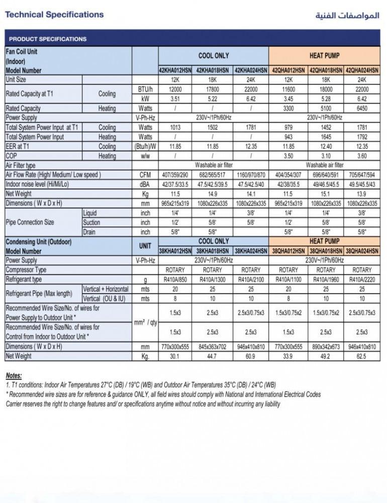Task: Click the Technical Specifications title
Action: pos(54,15)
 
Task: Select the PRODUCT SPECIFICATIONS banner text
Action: pos(48,39)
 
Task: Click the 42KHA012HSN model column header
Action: pos(175,70)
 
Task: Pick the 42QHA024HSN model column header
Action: pos(362,70)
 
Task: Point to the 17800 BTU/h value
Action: pos(213,89)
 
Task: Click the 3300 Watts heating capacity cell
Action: pos(288,108)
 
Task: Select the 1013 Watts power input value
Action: pos(175,127)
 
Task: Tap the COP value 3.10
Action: pos(325,156)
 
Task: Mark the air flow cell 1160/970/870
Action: pos(251,175)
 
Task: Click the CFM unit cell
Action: pos(145,175)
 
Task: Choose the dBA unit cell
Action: pos(145,185)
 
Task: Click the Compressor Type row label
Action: pos(26,270)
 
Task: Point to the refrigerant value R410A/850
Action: pos(175,280)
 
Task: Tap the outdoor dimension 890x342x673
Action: pos(325,347)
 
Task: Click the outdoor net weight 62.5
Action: pos(362,356)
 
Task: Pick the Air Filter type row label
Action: pos(21,165)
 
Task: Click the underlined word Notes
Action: pos(14,376)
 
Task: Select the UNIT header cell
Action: pos(145,246)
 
